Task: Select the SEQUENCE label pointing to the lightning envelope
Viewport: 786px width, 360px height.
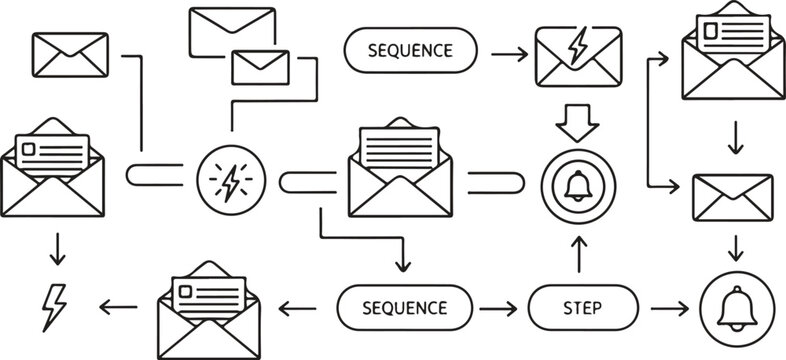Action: click(411, 50)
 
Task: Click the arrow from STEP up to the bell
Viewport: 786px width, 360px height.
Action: click(579, 253)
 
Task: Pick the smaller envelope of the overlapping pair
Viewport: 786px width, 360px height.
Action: click(259, 66)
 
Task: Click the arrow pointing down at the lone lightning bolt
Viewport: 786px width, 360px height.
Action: click(56, 250)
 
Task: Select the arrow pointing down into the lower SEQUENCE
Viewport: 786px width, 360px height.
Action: click(404, 258)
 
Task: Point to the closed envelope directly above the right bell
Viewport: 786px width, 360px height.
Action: click(734, 195)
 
